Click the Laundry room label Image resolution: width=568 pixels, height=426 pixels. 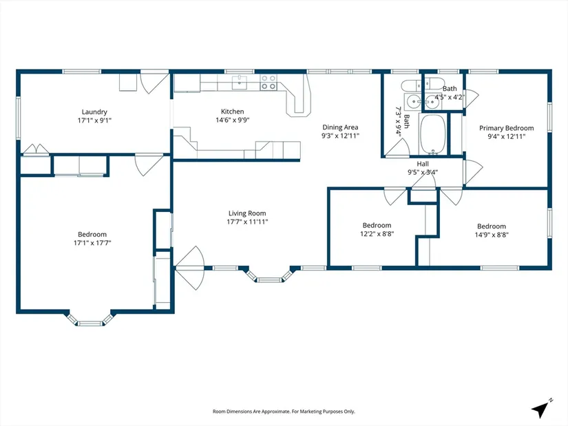coord(94,112)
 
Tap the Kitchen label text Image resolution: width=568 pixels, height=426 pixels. coord(233,111)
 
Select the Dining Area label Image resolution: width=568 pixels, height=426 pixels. coord(340,127)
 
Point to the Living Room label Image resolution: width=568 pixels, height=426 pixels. coord(247,213)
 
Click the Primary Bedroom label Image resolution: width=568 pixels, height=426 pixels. coord(507,128)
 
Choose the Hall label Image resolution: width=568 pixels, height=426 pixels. coord(423,164)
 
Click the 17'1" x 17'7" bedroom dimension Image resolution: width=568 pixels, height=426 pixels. coord(92,243)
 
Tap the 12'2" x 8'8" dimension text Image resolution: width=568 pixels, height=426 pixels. coord(377,234)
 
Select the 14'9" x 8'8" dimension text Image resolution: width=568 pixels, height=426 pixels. coord(492,235)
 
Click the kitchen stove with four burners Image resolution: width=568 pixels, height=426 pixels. coord(269,82)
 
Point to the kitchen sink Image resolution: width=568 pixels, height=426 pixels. coord(239,82)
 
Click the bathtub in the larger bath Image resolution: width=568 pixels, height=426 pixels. coord(432,135)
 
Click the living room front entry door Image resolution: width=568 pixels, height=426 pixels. coord(190,268)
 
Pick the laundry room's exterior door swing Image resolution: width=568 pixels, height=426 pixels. coord(155,83)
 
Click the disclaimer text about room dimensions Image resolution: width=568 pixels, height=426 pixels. coord(284,412)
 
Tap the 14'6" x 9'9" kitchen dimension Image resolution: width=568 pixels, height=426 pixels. coord(233,120)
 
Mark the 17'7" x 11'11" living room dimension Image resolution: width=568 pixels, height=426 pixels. coord(247,222)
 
